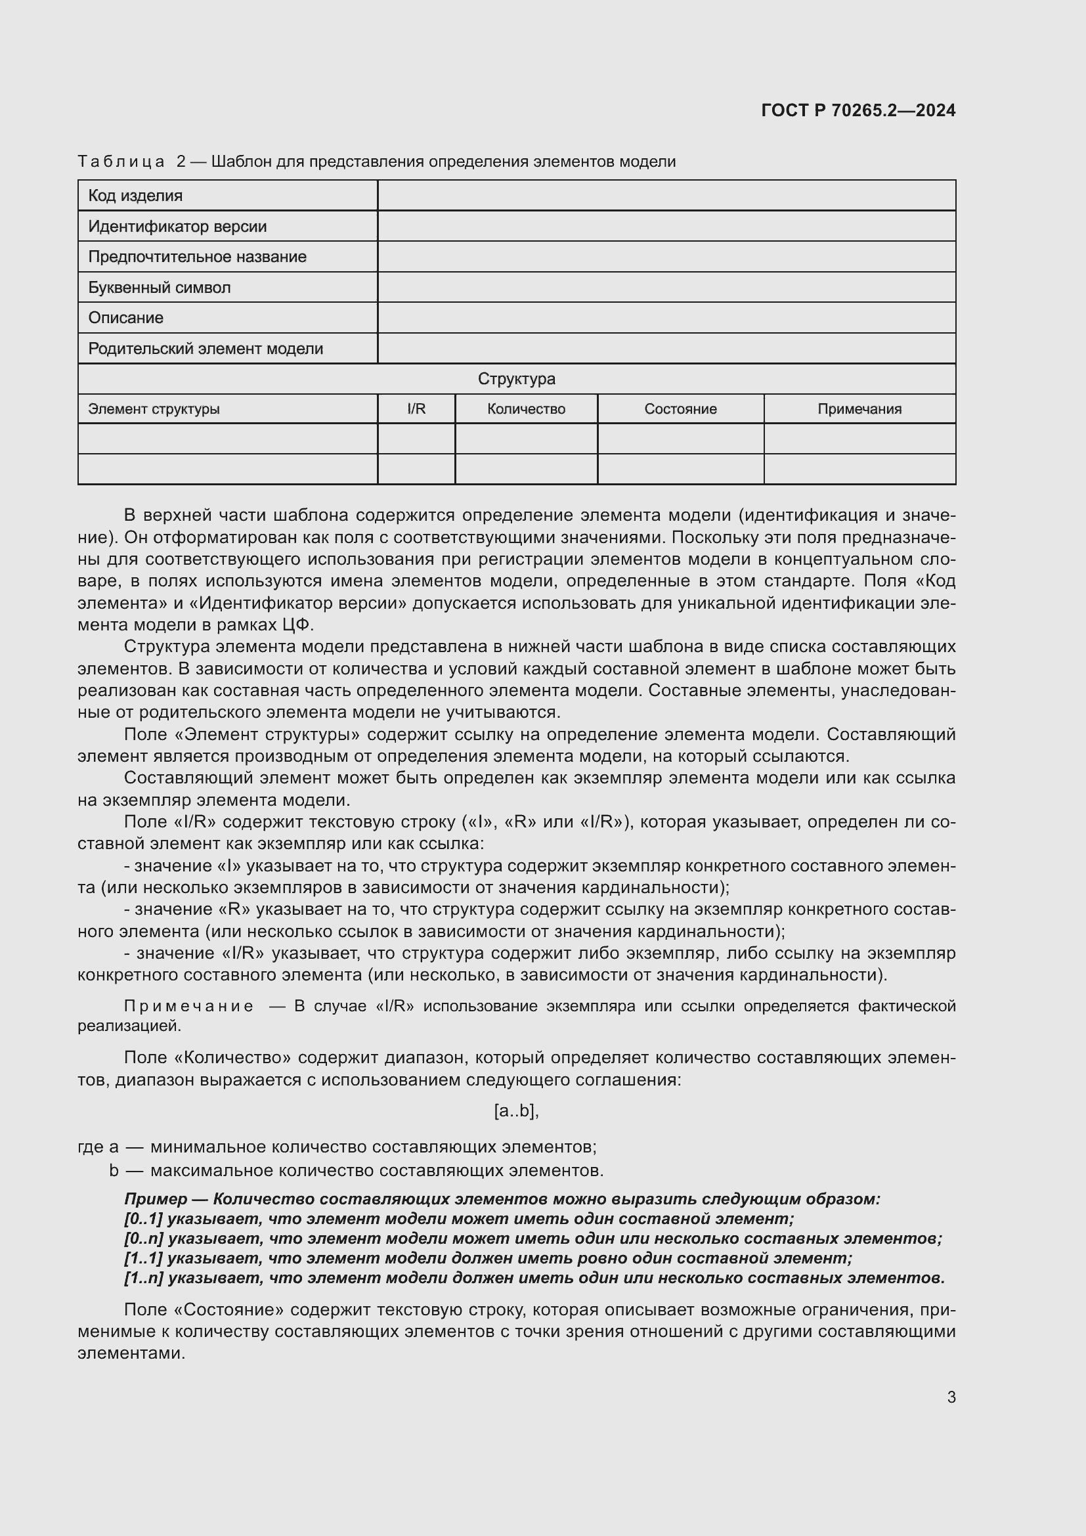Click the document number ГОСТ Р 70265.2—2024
[x=858, y=110]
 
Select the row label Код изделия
[x=135, y=195]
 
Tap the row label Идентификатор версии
[x=177, y=226]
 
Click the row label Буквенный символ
[x=159, y=288]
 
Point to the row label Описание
[x=125, y=318]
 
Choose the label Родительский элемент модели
[x=206, y=349]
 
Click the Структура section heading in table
[x=516, y=379]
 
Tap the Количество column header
[x=526, y=408]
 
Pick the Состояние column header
[x=680, y=408]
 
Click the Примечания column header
[x=859, y=408]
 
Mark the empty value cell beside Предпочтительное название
[x=666, y=257]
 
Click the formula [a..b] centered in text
[x=516, y=1111]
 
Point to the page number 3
[x=951, y=1397]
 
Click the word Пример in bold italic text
[x=155, y=1200]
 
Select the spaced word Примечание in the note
[x=188, y=1006]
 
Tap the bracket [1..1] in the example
[x=143, y=1258]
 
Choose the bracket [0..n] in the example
[x=143, y=1239]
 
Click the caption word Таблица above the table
[x=121, y=162]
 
